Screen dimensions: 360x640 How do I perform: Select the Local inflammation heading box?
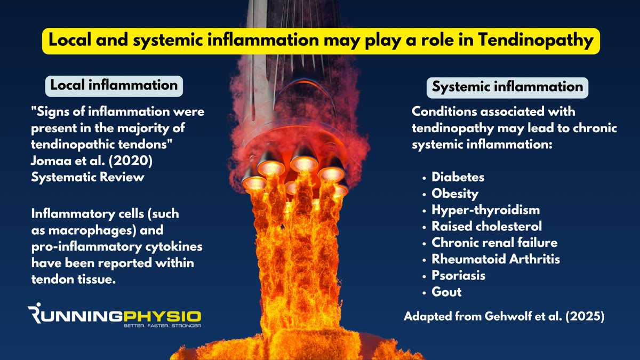click(x=114, y=85)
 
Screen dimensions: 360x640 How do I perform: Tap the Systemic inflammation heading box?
click(x=508, y=87)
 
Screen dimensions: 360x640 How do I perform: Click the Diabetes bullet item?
click(x=458, y=177)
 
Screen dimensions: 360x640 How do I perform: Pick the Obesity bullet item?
click(x=455, y=193)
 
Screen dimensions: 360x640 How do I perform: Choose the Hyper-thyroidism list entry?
click(x=485, y=210)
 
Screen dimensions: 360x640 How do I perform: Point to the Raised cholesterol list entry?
click(x=486, y=226)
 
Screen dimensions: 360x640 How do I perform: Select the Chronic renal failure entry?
click(x=494, y=243)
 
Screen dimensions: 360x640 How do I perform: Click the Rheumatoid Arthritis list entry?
click(x=495, y=259)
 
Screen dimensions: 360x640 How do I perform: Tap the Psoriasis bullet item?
click(x=458, y=276)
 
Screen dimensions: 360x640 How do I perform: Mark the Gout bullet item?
click(x=446, y=292)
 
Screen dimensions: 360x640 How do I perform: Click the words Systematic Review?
click(x=87, y=177)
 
